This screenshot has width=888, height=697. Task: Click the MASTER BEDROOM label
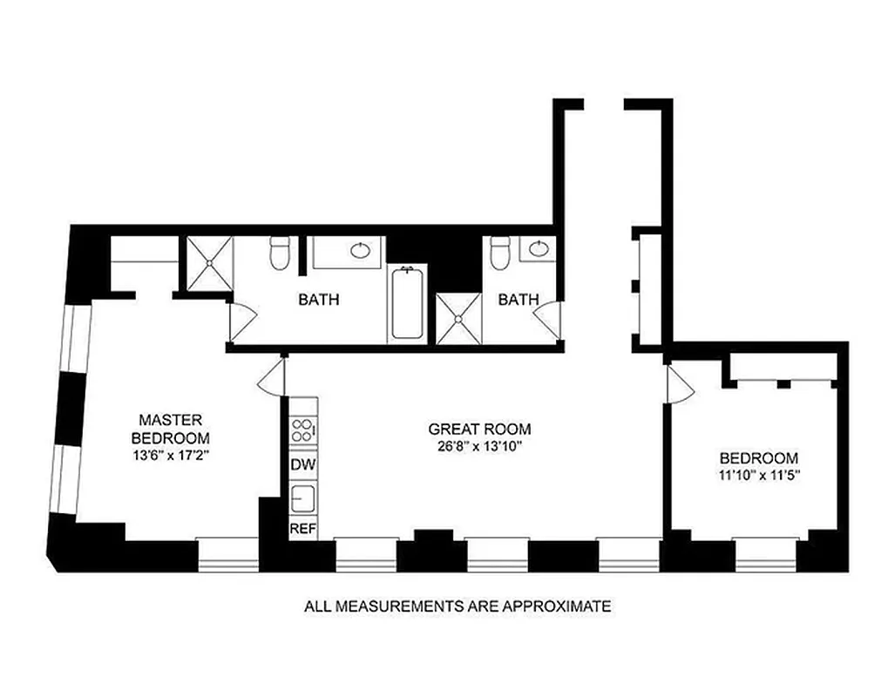[x=171, y=428]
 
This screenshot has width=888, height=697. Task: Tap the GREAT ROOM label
[x=479, y=429]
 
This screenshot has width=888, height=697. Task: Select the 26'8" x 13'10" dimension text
[x=479, y=446]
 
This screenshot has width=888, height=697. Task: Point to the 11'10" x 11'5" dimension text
[x=757, y=476]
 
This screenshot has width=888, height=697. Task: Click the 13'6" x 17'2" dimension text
[x=171, y=455]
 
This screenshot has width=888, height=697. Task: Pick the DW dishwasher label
[x=302, y=464]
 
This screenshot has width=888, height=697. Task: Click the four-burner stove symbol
[x=303, y=429]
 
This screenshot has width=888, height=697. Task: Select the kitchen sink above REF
[x=303, y=499]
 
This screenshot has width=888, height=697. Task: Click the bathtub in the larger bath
[x=406, y=304]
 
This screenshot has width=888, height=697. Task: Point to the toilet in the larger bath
[x=280, y=254]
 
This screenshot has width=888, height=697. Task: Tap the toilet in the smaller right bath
[x=499, y=254]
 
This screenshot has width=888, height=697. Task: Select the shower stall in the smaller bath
[x=458, y=319]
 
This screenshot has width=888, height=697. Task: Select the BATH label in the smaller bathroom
[x=518, y=300]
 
